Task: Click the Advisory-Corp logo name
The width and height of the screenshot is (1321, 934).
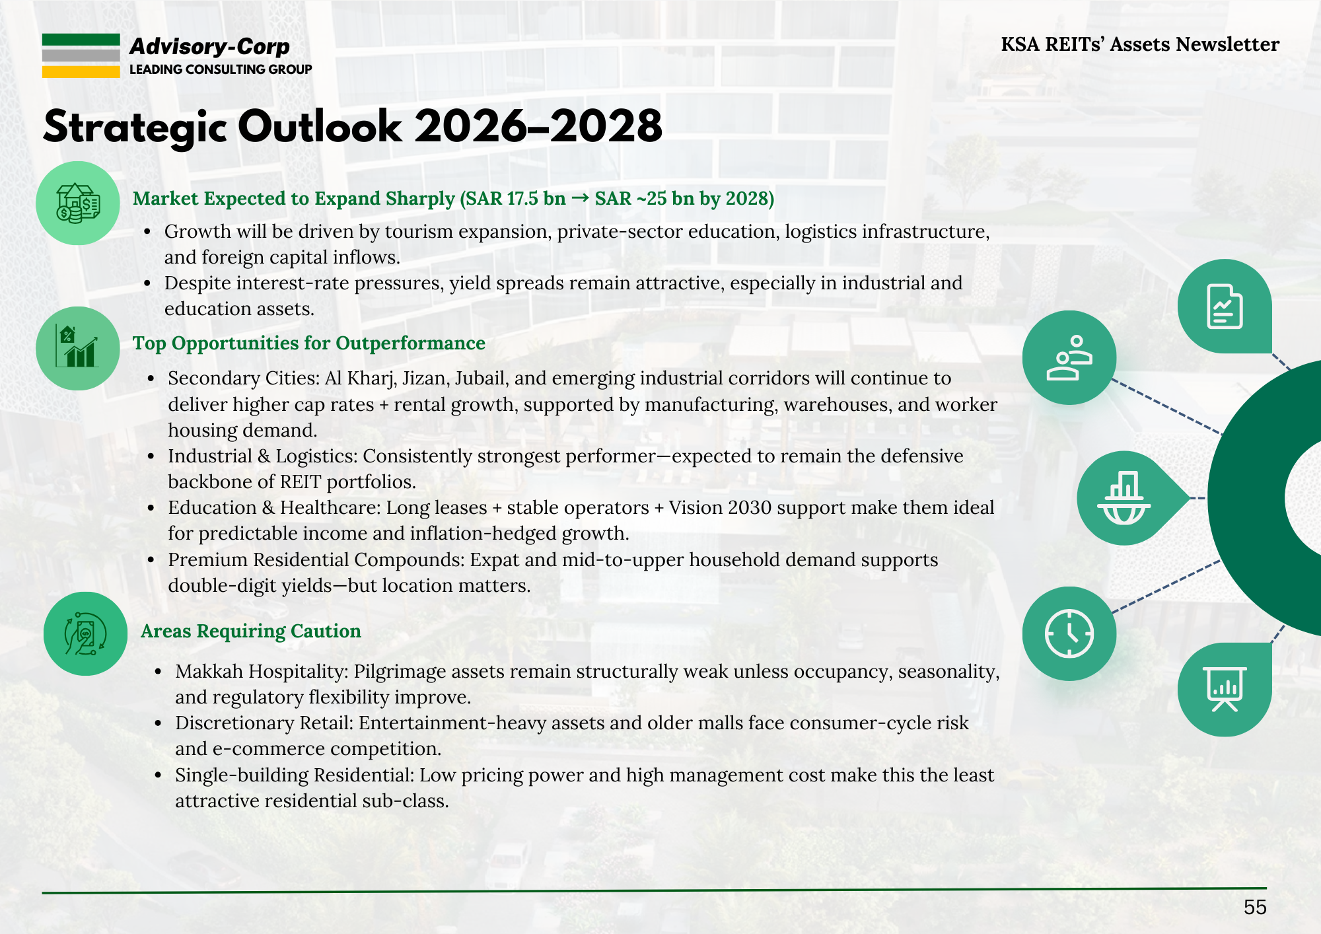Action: coord(209,46)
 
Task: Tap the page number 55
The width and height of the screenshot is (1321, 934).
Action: coord(1255,907)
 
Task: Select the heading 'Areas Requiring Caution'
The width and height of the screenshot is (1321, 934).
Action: coord(251,631)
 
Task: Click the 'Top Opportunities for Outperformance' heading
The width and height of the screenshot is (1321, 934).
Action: coord(309,343)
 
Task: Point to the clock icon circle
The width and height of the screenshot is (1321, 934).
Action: coord(1069,633)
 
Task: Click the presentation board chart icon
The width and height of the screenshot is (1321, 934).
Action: coord(1225,689)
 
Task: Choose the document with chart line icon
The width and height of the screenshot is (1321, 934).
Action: coord(1225,306)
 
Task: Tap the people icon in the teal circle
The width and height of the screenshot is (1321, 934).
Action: coord(1069,357)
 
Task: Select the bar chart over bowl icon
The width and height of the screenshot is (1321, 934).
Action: coord(1124,498)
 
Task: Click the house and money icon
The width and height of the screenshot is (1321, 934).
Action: coord(78,203)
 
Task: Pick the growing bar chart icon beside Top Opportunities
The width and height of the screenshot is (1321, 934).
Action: coord(78,348)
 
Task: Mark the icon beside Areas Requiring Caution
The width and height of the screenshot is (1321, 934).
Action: coord(85,633)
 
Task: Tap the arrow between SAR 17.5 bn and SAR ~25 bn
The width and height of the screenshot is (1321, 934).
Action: coord(581,198)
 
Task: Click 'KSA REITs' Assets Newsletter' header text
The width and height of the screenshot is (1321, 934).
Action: coord(1140,44)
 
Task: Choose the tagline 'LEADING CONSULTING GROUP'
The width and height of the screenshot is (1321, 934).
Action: coord(221,69)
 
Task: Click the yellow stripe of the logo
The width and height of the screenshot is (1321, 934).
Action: coord(81,72)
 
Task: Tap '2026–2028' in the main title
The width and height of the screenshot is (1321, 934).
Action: coord(538,126)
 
